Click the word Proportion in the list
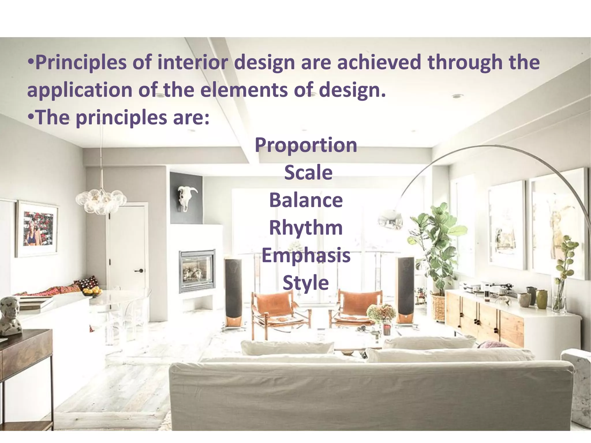(x=306, y=145)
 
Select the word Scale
(x=308, y=172)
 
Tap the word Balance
(x=306, y=200)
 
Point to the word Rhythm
(x=306, y=228)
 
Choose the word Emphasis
(x=306, y=256)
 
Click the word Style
(x=306, y=283)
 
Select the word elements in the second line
(x=244, y=90)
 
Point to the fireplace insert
(x=197, y=271)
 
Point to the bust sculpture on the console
(x=10, y=316)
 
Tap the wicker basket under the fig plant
(x=438, y=307)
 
